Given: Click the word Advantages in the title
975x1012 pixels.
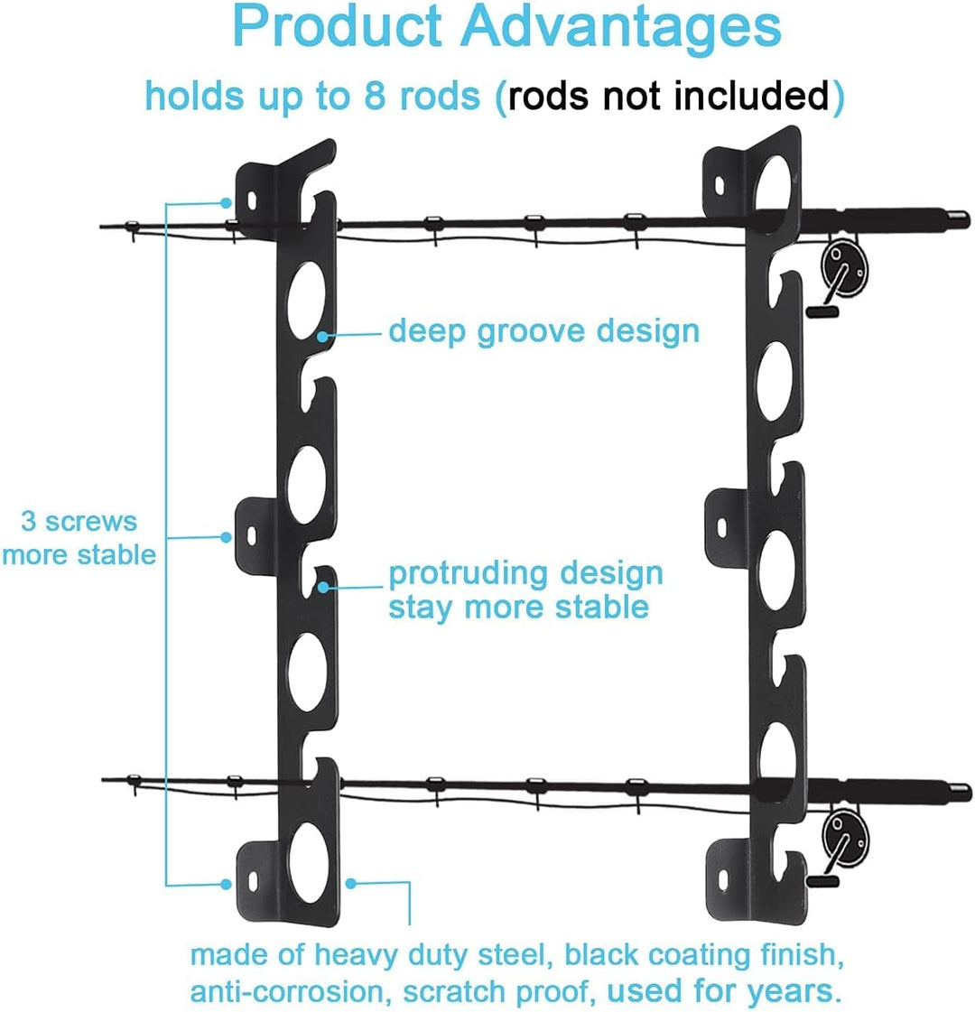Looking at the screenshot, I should (x=622, y=27).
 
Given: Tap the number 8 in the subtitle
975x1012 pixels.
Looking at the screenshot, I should (x=374, y=96).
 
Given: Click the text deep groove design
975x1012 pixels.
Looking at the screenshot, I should (x=543, y=331).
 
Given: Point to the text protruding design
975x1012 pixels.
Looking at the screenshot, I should (x=525, y=573).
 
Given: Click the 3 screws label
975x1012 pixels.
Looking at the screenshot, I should (x=79, y=521).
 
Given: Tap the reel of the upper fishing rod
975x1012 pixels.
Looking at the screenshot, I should (x=845, y=271).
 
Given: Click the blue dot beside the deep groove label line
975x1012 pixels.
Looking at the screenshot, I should (x=323, y=336).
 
